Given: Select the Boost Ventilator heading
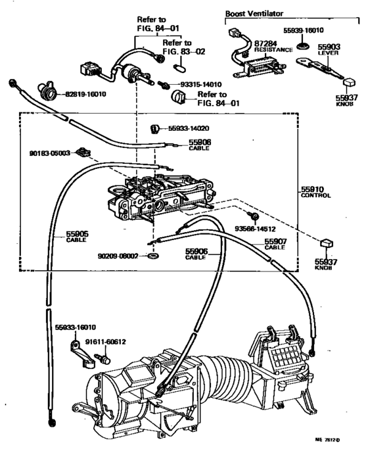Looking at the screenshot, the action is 254,13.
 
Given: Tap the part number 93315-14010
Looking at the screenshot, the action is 201,84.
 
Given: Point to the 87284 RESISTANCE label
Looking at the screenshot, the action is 273,47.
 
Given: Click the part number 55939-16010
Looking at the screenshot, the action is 304,30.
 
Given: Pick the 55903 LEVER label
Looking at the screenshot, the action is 329,49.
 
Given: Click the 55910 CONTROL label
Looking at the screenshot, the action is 315,193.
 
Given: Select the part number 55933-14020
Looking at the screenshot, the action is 189,128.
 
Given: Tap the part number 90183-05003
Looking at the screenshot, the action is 49,153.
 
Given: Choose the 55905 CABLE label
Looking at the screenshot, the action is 77,237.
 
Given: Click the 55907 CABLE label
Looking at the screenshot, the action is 275,244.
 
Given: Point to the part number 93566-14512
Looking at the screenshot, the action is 255,229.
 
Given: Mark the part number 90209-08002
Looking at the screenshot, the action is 118,256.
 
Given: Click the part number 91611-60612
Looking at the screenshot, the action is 106,342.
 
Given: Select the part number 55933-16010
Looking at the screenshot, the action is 76,327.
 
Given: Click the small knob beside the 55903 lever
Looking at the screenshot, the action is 350,82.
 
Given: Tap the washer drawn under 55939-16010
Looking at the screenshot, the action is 303,45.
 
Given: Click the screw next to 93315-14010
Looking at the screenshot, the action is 163,84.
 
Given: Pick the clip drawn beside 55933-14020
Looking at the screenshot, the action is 155,128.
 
